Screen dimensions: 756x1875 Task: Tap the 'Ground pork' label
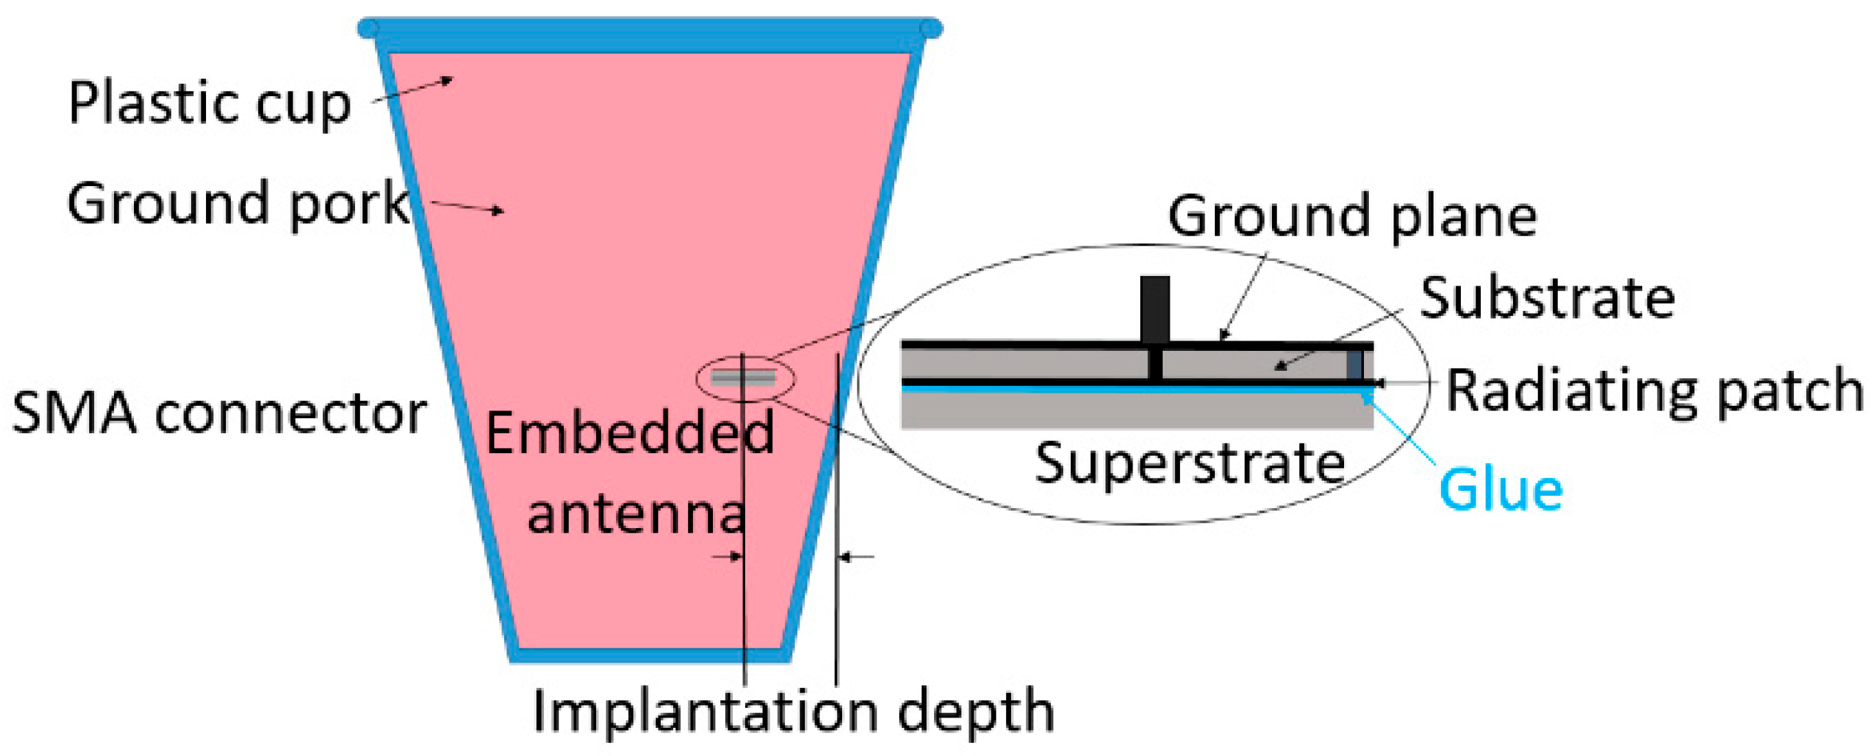pyautogui.click(x=238, y=204)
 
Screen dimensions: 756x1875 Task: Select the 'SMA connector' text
pyautogui.click(x=219, y=414)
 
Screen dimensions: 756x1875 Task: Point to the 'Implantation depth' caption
pyautogui.click(x=793, y=711)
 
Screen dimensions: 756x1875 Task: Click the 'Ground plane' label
pyautogui.click(x=1352, y=216)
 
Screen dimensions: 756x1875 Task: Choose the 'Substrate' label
pyautogui.click(x=1547, y=298)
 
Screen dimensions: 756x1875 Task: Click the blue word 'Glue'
pyautogui.click(x=1501, y=490)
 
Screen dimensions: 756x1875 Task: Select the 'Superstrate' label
pyautogui.click(x=1190, y=463)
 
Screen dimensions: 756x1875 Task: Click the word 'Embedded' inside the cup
pyautogui.click(x=630, y=434)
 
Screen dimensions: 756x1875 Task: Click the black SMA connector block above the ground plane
pyautogui.click(x=1155, y=308)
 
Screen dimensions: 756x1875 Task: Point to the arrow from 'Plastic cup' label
pyautogui.click(x=415, y=91)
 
